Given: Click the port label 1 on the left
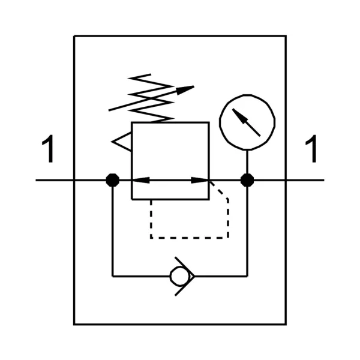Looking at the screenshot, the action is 48,149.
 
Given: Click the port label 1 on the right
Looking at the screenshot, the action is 311,149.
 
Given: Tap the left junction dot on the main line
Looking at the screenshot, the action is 113,180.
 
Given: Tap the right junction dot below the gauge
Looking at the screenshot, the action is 247,180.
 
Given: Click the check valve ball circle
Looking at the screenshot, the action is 179,277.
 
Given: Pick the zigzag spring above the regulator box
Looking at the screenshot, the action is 151,98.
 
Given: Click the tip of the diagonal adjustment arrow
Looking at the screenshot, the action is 194,86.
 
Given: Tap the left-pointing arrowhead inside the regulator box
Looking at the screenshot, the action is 141,180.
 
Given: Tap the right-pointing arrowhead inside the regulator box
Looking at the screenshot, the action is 200,180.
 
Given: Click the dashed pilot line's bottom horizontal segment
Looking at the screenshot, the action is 190,238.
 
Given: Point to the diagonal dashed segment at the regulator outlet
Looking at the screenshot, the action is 218,190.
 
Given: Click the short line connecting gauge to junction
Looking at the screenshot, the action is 247,162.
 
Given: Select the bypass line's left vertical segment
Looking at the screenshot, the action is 113,232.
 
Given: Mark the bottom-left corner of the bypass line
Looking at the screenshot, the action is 113,277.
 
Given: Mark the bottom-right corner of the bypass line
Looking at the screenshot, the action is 247,277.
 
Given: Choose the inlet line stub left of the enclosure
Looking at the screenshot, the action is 55,180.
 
